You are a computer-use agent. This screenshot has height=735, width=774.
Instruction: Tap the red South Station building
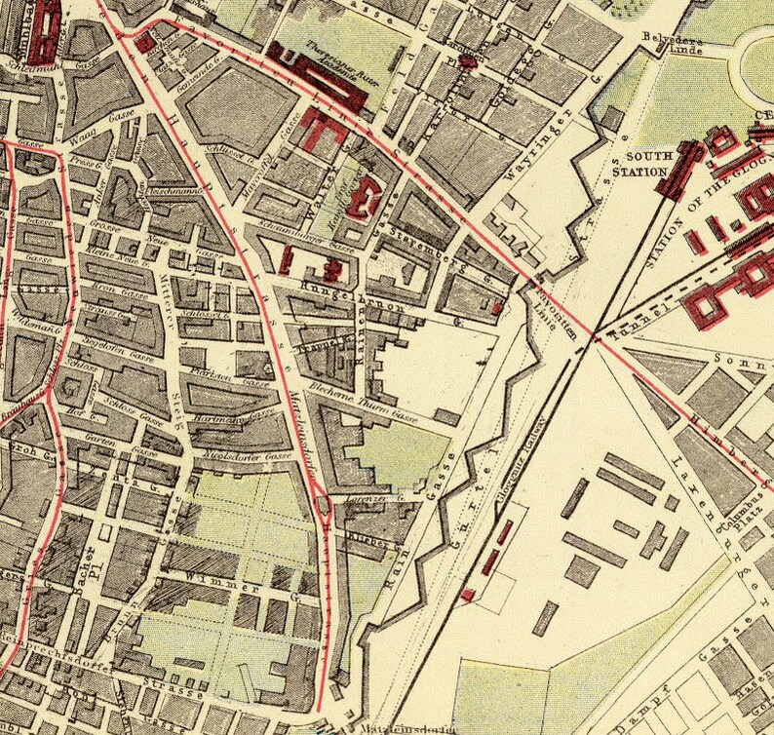click(681, 170)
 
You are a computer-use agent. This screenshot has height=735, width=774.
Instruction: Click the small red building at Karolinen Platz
click(468, 61)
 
